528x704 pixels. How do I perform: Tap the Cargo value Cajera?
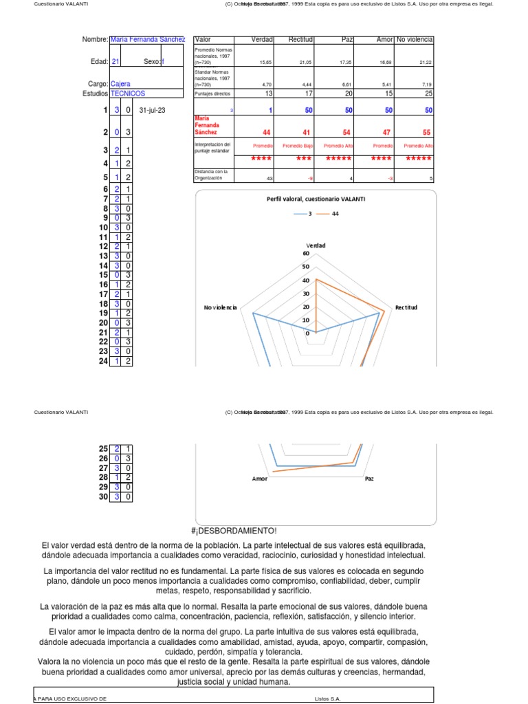[120, 84]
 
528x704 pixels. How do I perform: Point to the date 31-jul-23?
[153, 110]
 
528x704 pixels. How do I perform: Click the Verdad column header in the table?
[262, 40]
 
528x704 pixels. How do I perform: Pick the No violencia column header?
[414, 40]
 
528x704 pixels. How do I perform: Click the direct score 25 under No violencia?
[428, 93]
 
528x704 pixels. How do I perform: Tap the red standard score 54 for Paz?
[346, 132]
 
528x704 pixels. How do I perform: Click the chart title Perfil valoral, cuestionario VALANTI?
[316, 199]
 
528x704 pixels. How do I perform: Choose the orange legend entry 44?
[331, 214]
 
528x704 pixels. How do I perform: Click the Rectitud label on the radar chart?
[406, 307]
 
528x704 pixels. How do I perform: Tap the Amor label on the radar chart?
[260, 478]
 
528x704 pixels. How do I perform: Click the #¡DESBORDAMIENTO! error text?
[234, 531]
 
